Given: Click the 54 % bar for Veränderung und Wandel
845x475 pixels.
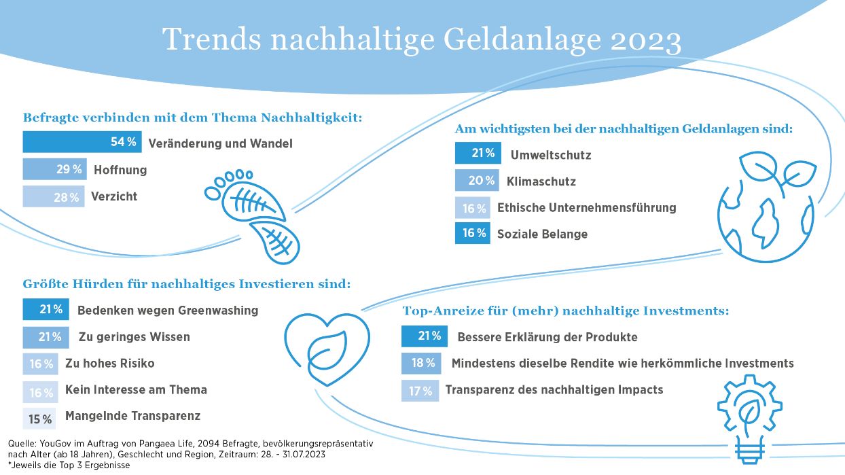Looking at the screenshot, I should pyautogui.click(x=82, y=142).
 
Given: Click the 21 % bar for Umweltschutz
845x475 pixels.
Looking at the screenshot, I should pyautogui.click(x=478, y=154).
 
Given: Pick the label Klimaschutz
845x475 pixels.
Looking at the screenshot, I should pyautogui.click(x=541, y=181).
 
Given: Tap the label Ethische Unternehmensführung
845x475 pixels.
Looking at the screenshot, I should pyautogui.click(x=586, y=207).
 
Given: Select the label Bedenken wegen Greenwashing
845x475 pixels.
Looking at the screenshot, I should pyautogui.click(x=168, y=310).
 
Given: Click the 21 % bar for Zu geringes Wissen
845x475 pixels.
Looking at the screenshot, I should pyautogui.click(x=46, y=337).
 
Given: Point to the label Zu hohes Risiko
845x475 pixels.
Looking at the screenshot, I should pyautogui.click(x=109, y=363).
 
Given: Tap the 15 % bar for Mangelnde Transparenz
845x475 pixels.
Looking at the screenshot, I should pyautogui.click(x=39, y=419).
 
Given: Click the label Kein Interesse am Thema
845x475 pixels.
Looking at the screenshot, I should pyautogui.click(x=136, y=389).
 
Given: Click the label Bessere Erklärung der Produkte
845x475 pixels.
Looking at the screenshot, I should pyautogui.click(x=547, y=336).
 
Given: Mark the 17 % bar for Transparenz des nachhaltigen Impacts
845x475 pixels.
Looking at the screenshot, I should pyautogui.click(x=420, y=391).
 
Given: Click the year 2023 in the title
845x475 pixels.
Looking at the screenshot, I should pyautogui.click(x=646, y=41).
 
